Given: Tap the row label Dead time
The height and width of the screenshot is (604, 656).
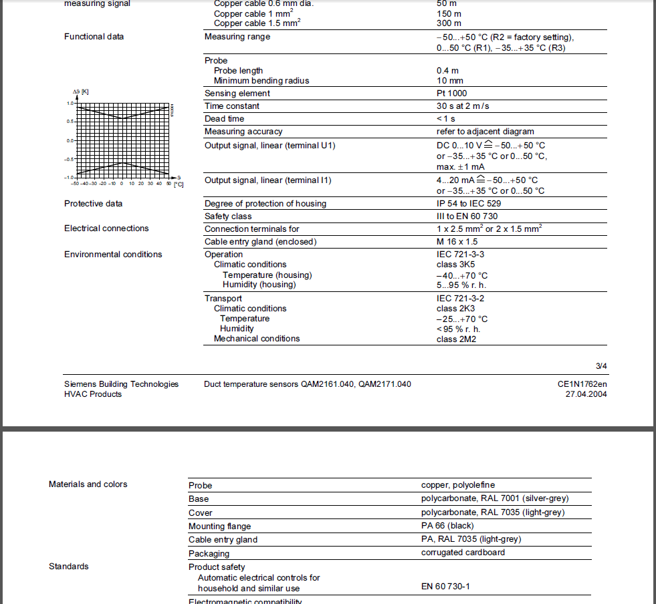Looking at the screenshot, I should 224,119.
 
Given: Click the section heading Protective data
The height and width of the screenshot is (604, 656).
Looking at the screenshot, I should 94,204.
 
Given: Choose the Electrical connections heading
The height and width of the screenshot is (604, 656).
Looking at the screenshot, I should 106,229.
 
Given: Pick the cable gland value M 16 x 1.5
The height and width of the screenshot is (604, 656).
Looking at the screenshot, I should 457,241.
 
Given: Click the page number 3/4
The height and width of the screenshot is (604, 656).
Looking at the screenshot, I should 601,366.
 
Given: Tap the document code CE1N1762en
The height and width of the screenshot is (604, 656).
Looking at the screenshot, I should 582,384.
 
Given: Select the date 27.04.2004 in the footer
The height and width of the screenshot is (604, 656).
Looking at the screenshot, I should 586,394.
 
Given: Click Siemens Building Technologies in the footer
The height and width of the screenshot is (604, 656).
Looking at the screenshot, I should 121,384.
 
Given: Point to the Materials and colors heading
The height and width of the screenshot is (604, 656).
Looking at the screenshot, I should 88,484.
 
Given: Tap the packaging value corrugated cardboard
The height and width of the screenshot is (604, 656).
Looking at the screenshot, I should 463,553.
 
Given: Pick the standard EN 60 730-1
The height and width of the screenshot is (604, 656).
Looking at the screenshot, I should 445,587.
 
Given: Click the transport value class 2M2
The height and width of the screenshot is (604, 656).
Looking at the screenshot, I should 456,339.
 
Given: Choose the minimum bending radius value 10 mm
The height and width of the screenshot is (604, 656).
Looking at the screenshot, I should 450,81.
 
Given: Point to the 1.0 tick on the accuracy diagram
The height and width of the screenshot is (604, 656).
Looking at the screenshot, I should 70,104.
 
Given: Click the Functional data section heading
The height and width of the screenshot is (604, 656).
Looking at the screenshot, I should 94,37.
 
